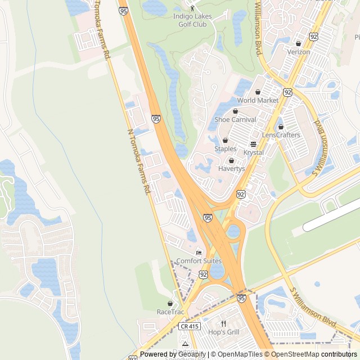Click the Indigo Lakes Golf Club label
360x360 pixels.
tap(192, 20)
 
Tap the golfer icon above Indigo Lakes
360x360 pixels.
tap(192, 8)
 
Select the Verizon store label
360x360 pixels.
tap(298, 52)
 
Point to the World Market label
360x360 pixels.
tap(258, 100)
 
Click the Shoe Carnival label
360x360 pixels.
tap(235, 119)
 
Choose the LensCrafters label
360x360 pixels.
tap(281, 135)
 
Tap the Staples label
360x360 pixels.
tap(225, 148)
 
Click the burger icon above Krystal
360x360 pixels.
tap(253, 144)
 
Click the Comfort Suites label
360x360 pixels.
tap(199, 261)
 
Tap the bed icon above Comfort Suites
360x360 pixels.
tap(199, 252)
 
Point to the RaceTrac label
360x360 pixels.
tap(170, 312)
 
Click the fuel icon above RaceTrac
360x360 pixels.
tap(170, 303)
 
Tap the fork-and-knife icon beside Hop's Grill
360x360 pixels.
tap(223, 323)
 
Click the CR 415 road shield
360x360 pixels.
tap(190, 326)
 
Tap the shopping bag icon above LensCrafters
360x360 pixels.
tap(281, 127)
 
